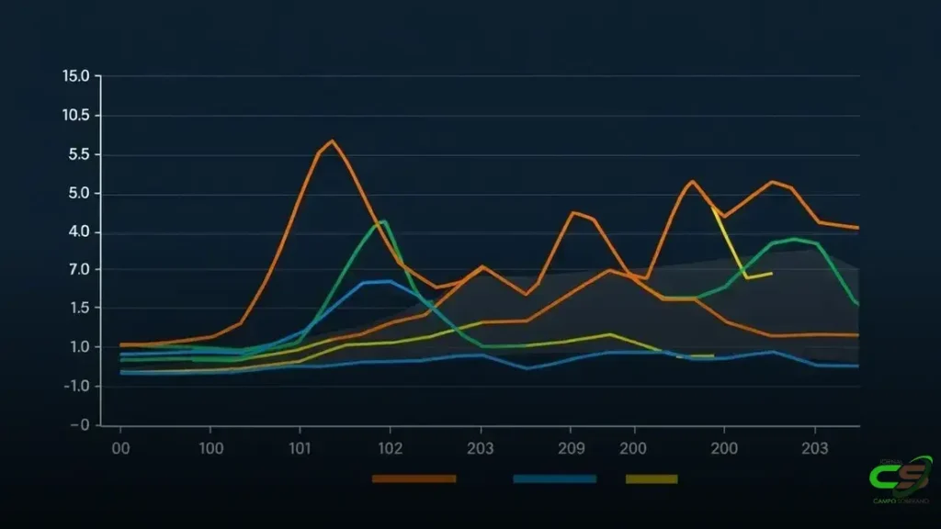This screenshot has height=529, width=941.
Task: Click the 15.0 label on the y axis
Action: click(x=75, y=75)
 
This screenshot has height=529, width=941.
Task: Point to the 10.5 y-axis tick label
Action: click(x=75, y=116)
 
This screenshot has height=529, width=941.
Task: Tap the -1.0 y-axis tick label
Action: click(x=74, y=386)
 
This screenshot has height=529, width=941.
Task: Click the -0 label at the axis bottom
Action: click(x=79, y=425)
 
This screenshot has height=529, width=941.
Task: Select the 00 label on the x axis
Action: click(x=119, y=449)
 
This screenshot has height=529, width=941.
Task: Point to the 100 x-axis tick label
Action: click(x=210, y=449)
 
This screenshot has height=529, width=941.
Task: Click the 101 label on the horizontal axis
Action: click(x=300, y=449)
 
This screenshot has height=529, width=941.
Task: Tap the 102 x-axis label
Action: click(x=390, y=449)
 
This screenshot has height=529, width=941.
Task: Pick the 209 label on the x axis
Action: click(x=571, y=449)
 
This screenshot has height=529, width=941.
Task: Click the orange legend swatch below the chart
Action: click(x=414, y=478)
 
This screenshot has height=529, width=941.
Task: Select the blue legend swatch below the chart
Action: click(x=554, y=478)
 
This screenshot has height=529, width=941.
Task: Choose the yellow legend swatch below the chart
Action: click(x=651, y=478)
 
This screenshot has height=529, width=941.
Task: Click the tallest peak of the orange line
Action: click(x=331, y=141)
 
